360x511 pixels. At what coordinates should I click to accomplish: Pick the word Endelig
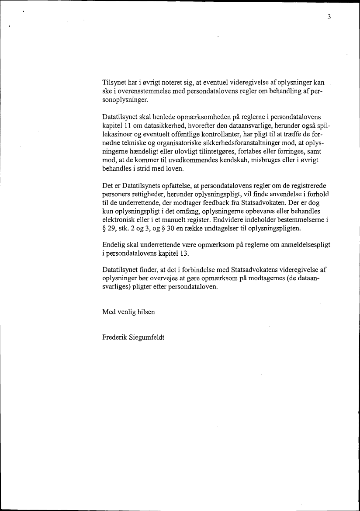114,245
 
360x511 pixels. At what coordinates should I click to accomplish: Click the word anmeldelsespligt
305,245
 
